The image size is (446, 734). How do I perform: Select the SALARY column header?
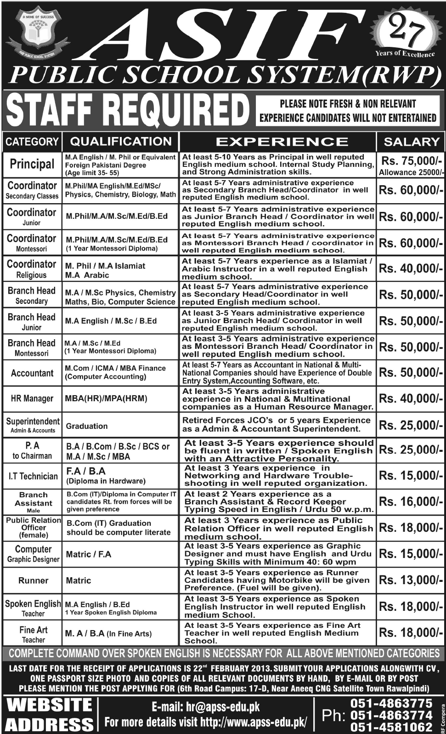pyautogui.click(x=411, y=142)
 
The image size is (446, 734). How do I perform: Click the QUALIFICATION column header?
pyautogui.click(x=121, y=141)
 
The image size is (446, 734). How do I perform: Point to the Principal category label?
pyautogui.click(x=32, y=164)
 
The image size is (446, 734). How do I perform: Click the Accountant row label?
pyautogui.click(x=32, y=373)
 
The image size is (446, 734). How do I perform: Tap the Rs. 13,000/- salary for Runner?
pyautogui.click(x=411, y=580)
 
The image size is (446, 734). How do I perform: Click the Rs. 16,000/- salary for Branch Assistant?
pyautogui.click(x=411, y=502)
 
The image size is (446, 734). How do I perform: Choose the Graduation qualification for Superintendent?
pyautogui.click(x=87, y=426)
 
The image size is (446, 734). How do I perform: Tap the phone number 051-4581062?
pyautogui.click(x=391, y=727)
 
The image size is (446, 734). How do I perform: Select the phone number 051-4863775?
pyautogui.click(x=391, y=703)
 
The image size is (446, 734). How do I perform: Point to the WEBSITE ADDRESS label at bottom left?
pyautogui.click(x=48, y=715)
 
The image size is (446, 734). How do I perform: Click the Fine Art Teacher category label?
pyautogui.click(x=33, y=634)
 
